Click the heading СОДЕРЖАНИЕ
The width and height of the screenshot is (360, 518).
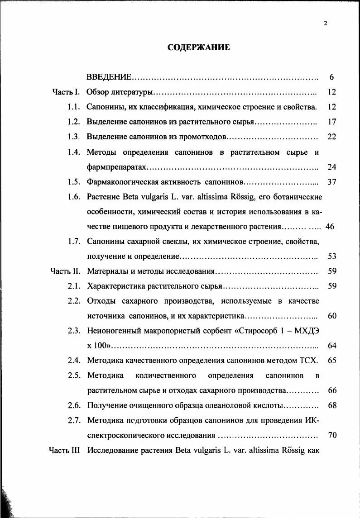199,48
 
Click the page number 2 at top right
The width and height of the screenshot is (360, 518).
326,24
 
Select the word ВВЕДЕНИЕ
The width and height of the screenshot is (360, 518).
109,77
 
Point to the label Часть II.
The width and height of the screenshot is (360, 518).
65,271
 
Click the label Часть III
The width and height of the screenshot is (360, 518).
64,450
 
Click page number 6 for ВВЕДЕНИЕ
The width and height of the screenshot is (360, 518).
331,77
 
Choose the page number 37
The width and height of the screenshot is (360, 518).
331,182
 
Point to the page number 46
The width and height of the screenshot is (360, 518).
330,227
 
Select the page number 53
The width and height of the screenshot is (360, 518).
331,257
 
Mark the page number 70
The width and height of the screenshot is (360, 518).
331,435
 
